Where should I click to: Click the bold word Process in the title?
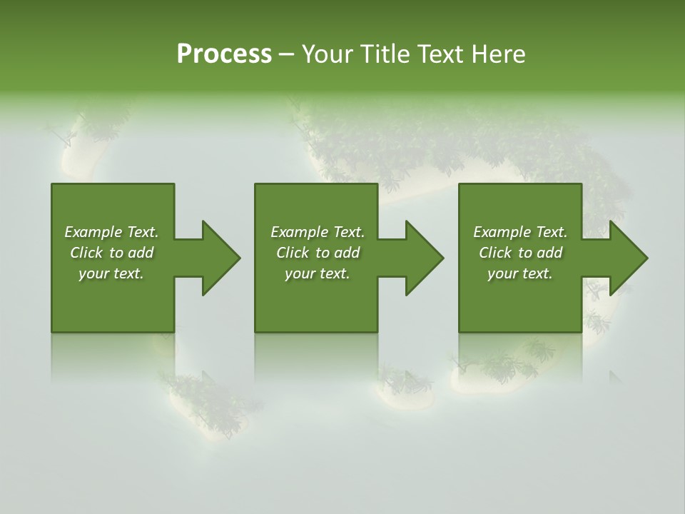click(224, 54)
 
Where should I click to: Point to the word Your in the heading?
click(328, 54)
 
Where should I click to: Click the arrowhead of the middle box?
click(424, 258)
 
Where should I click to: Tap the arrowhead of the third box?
click(628, 258)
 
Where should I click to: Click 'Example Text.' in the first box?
click(111, 232)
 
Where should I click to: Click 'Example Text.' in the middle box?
click(318, 232)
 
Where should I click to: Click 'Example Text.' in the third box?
click(520, 232)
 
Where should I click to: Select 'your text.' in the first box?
click(111, 273)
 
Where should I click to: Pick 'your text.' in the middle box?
click(318, 273)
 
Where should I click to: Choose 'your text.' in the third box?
click(520, 273)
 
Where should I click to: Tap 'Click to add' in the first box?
click(111, 253)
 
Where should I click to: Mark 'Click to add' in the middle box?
click(318, 253)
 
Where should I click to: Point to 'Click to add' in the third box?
click(520, 253)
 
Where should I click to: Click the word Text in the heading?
click(441, 54)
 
